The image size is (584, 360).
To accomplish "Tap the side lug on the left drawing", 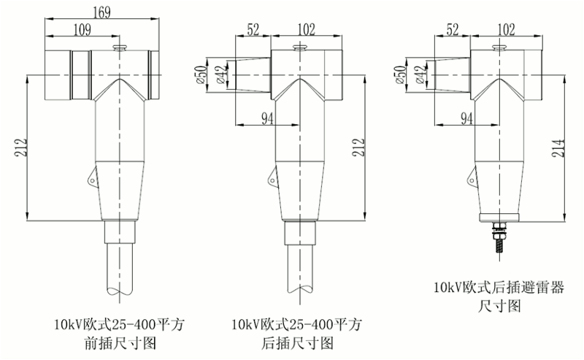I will coord(91,177).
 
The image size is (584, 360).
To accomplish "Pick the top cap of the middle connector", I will coord(299,48).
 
